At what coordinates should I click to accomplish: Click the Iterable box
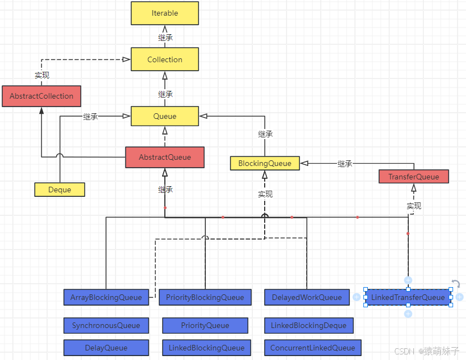tap(164, 13)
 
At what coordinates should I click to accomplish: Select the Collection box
tap(164, 59)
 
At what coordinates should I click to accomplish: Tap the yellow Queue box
tap(164, 117)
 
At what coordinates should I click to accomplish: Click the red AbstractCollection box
tap(41, 96)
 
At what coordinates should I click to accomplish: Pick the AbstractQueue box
tap(164, 158)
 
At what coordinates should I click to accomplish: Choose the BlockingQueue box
tap(265, 163)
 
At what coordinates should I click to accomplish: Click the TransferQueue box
tap(414, 177)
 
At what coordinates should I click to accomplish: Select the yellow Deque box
tap(59, 190)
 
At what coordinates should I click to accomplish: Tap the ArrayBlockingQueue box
tap(106, 297)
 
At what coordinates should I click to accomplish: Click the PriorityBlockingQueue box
tap(205, 297)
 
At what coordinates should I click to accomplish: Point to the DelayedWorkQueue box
tap(306, 297)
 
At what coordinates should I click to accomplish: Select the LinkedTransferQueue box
tap(408, 297)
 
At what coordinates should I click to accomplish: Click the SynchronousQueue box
tap(106, 325)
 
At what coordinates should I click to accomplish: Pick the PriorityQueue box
tap(205, 325)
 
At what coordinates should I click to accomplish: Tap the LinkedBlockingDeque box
tap(308, 325)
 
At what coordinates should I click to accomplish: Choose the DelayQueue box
tap(106, 348)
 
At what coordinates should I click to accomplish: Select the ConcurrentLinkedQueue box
tap(312, 348)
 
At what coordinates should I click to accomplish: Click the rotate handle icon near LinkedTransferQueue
tap(456, 284)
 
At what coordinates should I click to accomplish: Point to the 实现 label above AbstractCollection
tap(41, 75)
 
